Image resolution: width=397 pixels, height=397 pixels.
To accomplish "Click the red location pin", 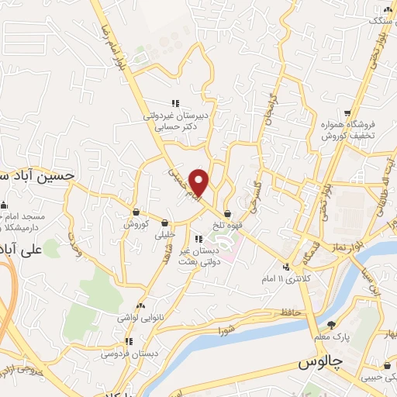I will click(200, 182).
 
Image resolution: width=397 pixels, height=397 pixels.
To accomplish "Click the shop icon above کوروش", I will click(136, 212).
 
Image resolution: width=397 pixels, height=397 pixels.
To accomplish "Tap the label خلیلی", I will click(166, 233).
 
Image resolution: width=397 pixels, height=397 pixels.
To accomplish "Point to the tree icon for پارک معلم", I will click(332, 324).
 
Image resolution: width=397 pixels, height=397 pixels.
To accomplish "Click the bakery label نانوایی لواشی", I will click(139, 318).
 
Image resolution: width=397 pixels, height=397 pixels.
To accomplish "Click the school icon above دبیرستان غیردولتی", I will click(175, 102).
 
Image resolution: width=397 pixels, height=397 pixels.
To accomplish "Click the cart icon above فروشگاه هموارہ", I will click(347, 113).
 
